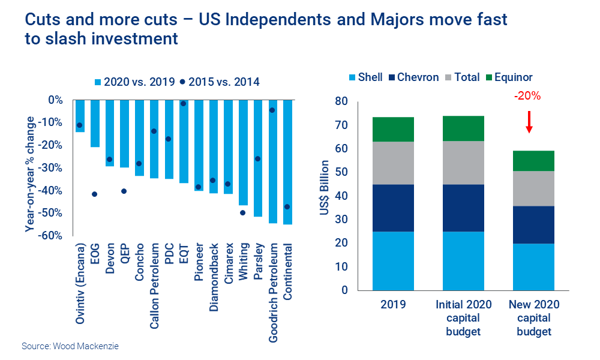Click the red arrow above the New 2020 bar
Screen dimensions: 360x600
(x=529, y=122)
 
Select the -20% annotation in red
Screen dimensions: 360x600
(x=527, y=96)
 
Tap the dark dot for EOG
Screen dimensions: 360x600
(x=95, y=194)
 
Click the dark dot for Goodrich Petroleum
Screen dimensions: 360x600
(x=272, y=110)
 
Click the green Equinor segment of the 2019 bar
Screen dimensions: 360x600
(x=394, y=129)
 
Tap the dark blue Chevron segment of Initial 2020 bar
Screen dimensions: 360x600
(x=463, y=208)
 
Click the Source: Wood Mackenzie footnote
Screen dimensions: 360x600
(x=66, y=346)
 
